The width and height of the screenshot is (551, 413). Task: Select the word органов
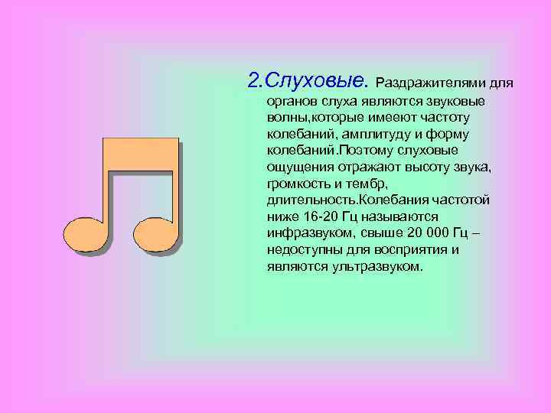pos(290,102)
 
